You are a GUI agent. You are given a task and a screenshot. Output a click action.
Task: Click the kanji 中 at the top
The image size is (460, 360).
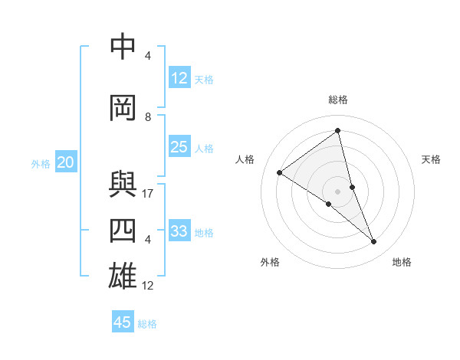pos(123,47)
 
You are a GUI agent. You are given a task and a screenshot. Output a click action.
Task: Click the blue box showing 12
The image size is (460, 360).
pos(179,78)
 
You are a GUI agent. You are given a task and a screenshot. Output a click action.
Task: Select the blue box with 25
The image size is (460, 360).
pos(179,147)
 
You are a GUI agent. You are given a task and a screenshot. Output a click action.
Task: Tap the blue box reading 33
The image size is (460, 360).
pos(179,231)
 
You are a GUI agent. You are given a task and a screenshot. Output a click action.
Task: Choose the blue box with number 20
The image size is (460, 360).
pos(66,162)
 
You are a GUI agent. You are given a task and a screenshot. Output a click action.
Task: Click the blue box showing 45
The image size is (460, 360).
pos(123,322)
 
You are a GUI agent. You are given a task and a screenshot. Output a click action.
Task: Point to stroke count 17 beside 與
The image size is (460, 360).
pos(148,194)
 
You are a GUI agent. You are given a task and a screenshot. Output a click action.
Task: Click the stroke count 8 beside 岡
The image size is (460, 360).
pos(148,116)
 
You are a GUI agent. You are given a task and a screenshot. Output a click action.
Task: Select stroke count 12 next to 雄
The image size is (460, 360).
pos(148,286)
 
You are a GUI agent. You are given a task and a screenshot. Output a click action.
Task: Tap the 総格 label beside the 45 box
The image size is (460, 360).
pos(147,324)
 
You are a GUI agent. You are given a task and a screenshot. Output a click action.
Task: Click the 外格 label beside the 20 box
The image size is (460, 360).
pos(41,164)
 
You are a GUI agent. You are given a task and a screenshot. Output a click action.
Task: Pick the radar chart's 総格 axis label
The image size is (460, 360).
pos(338,100)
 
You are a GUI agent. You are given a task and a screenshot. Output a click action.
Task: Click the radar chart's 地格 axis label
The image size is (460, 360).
pos(402,262)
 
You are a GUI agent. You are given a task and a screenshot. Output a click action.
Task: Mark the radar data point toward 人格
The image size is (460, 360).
pos(280,172)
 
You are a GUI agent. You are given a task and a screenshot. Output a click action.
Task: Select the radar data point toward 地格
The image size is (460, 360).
pos(374,241)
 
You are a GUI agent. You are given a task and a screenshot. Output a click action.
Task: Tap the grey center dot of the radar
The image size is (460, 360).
pos(337,191)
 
